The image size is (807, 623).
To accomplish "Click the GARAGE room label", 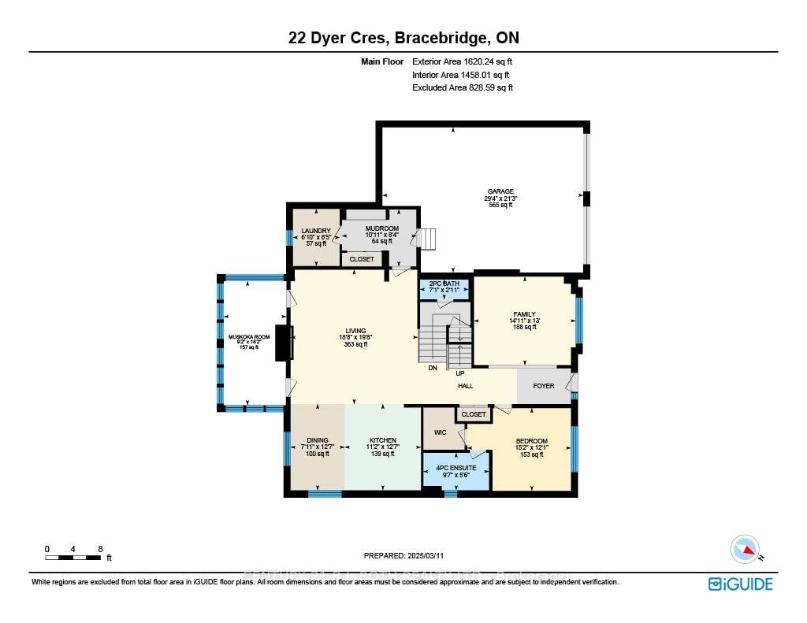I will pyautogui.click(x=500, y=191).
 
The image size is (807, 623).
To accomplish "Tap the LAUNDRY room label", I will pyautogui.click(x=315, y=231).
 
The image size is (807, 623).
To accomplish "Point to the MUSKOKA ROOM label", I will pyautogui.click(x=249, y=337).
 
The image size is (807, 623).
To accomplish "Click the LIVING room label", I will pyautogui.click(x=355, y=331).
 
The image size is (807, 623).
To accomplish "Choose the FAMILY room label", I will pyautogui.click(x=524, y=314).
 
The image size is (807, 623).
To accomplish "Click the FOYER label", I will pyautogui.click(x=544, y=386).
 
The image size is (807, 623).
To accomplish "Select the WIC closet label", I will pyautogui.click(x=440, y=432).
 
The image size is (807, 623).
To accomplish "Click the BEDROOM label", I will pyautogui.click(x=531, y=441).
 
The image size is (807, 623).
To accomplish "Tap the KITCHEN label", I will pyautogui.click(x=383, y=440).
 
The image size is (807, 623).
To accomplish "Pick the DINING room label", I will pyautogui.click(x=318, y=440).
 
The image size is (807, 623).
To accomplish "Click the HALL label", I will pyautogui.click(x=466, y=386).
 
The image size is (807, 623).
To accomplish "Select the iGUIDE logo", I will pyautogui.click(x=740, y=584).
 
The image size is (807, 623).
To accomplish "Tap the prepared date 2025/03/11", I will pyautogui.click(x=404, y=555).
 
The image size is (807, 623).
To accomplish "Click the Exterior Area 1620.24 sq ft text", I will pyautogui.click(x=463, y=61).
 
